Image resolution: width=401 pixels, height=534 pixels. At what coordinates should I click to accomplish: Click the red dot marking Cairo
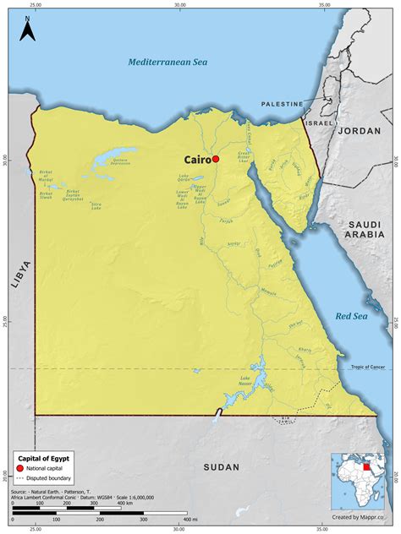[216, 159]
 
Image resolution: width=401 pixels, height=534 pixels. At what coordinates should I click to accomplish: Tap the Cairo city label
[197, 159]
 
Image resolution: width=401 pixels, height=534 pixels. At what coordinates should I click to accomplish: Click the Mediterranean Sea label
[167, 62]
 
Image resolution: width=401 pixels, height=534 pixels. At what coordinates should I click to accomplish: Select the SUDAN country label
[222, 466]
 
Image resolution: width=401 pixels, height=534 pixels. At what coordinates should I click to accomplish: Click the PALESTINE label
[282, 104]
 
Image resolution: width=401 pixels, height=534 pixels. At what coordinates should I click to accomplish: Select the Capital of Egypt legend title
[43, 457]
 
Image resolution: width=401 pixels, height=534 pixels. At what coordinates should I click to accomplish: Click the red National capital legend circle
[21, 467]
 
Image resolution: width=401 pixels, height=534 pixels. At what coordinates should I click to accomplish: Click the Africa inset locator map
[361, 479]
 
